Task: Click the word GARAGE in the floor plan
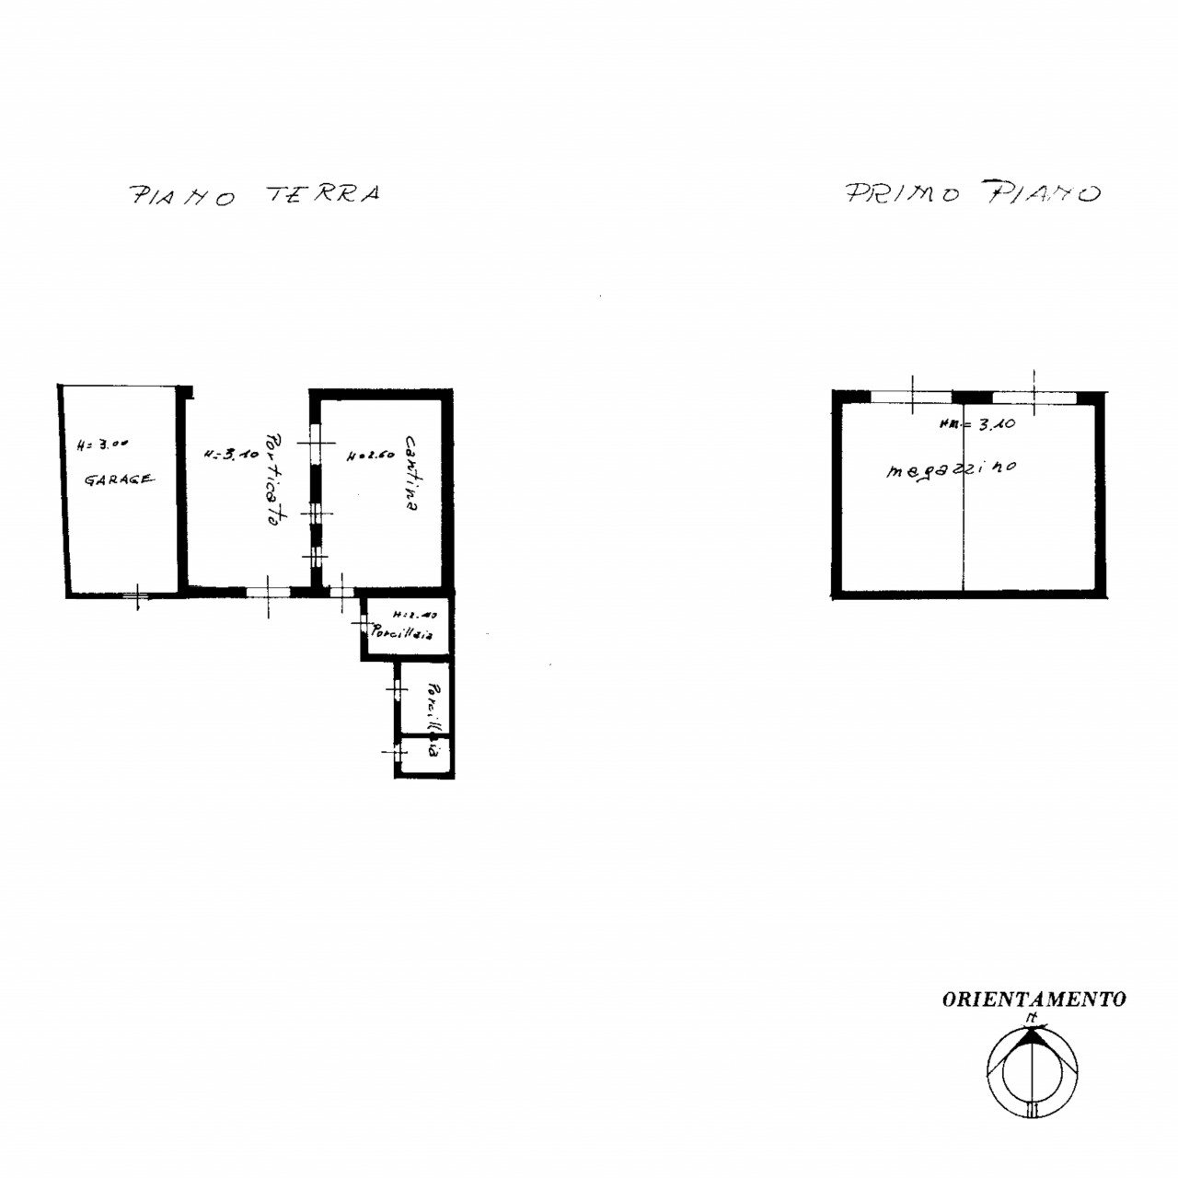pyautogui.click(x=120, y=479)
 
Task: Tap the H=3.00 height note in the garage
pyautogui.click(x=103, y=444)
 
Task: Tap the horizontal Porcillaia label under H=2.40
pyautogui.click(x=402, y=633)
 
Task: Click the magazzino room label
pyautogui.click(x=951, y=469)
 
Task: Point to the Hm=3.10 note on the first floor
pyautogui.click(x=976, y=425)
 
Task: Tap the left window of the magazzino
pyautogui.click(x=911, y=398)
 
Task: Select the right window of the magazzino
pyautogui.click(x=1034, y=398)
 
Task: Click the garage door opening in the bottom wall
pyautogui.click(x=136, y=595)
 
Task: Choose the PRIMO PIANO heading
pyautogui.click(x=972, y=193)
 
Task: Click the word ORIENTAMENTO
pyautogui.click(x=1034, y=999)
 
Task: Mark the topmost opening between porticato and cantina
pyautogui.click(x=316, y=445)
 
